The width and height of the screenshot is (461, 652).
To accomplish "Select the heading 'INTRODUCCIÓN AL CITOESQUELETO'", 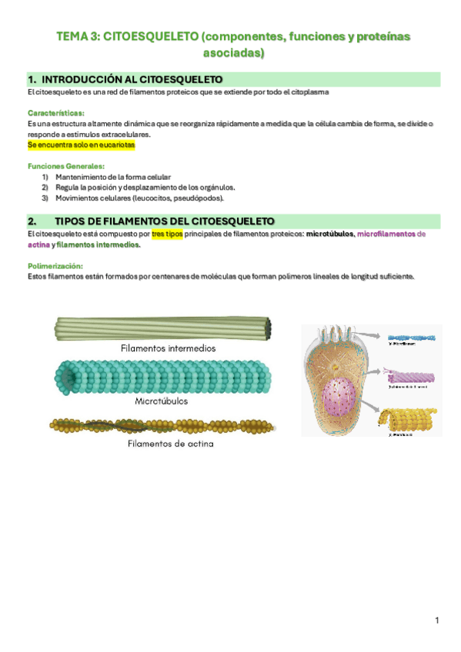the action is (132, 79).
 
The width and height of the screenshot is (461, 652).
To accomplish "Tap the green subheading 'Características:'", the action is (56, 112).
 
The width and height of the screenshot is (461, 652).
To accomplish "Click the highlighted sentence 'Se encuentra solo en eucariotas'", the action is (82, 145).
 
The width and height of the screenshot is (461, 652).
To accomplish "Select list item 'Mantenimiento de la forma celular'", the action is (113, 177).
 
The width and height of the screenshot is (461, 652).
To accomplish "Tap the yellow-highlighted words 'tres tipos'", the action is (167, 234).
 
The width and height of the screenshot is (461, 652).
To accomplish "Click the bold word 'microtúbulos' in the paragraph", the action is (329, 234).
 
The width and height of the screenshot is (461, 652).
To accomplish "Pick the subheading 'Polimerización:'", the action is (55, 266).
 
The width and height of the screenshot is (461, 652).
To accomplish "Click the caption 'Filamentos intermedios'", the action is (168, 348).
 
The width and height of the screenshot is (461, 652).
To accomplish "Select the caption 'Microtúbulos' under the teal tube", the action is (161, 401).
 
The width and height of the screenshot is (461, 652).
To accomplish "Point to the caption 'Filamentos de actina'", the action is (170, 444).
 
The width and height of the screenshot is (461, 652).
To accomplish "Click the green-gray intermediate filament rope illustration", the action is (162, 328).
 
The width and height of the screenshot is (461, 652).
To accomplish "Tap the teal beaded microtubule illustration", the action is (162, 376).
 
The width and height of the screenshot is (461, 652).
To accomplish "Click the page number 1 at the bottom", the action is (436, 620).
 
